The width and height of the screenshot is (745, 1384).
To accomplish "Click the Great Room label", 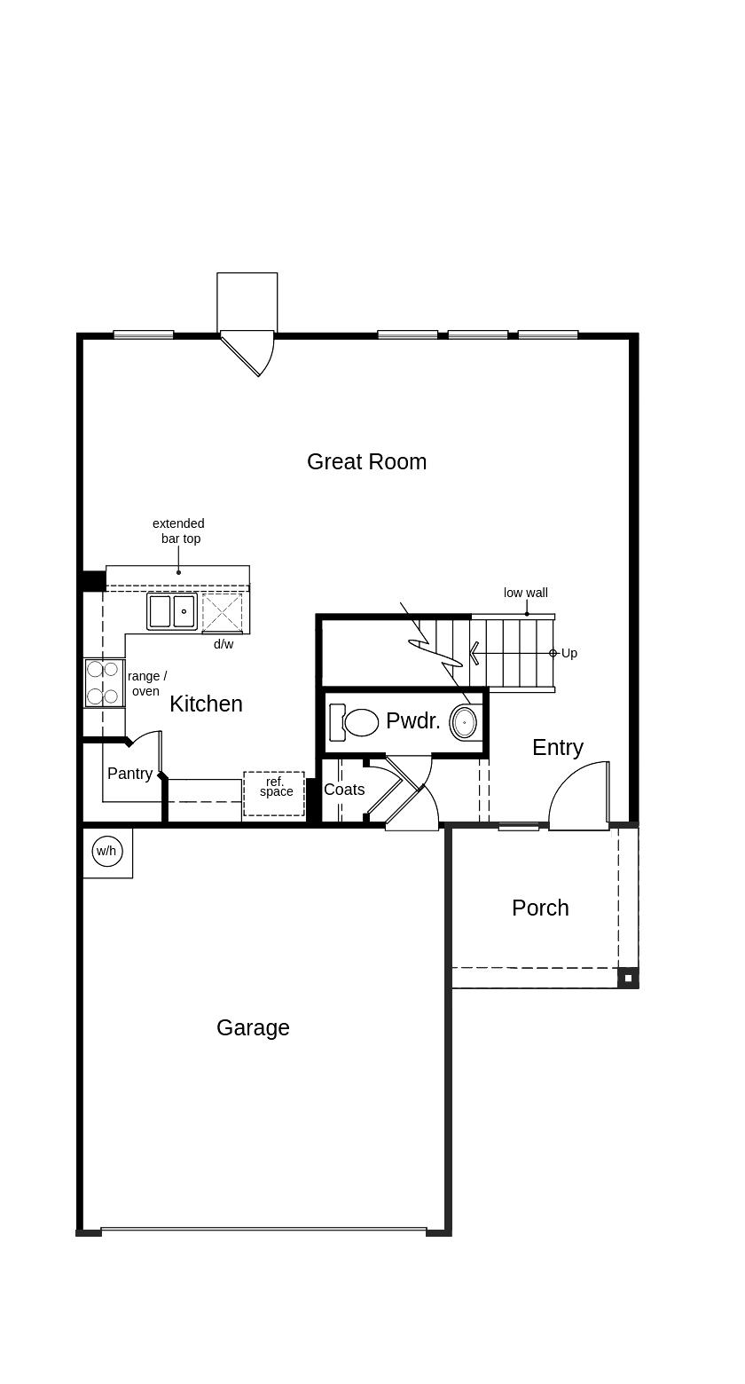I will coord(366,461).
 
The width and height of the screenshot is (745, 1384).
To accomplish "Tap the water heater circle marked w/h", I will coord(106,852).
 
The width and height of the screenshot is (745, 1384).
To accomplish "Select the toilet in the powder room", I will coord(356,722).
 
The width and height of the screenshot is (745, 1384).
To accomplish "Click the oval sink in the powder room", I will coord(464,722).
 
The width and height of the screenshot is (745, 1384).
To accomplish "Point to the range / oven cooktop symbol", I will coord(104,683).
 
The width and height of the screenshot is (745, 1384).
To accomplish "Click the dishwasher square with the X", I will coord(222,612).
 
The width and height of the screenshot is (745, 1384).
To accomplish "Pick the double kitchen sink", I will coord(172,611).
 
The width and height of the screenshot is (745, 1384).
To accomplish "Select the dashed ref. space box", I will coord(274,793).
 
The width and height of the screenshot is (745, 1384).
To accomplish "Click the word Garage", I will coord(253,1027).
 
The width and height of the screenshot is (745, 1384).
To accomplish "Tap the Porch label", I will coord(540,908).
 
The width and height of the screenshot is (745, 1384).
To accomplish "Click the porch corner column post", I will coord(628,978).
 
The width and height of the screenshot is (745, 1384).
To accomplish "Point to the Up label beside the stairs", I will coord(569,653).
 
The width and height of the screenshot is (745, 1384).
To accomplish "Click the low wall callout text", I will coord(526,593).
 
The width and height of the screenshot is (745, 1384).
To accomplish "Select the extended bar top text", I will coord(179,531).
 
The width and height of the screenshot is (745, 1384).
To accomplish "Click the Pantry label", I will coord(129,774).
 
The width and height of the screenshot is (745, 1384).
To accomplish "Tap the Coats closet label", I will coord(344,790).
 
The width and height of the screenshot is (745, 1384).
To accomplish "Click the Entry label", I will coord(558,747).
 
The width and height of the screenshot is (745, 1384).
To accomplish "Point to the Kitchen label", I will coord(206,704).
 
